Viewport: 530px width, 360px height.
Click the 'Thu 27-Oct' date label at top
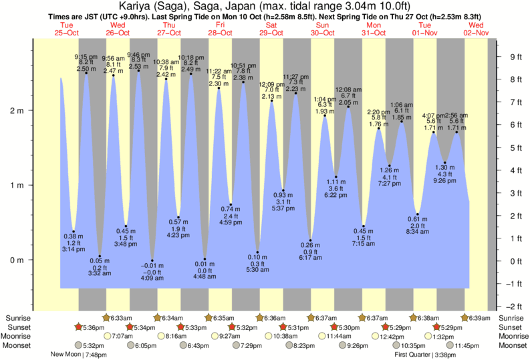168,29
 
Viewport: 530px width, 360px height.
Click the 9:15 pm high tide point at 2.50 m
86,73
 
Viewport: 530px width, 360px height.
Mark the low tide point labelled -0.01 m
152,260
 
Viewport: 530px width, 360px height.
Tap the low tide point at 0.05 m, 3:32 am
100,256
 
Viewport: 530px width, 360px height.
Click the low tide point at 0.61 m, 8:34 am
418,214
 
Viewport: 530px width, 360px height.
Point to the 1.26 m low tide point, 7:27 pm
389,166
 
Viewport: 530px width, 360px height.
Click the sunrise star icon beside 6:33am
106,317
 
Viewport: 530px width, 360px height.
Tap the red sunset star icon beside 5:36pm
78,327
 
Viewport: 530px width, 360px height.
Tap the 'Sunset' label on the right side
511,327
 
